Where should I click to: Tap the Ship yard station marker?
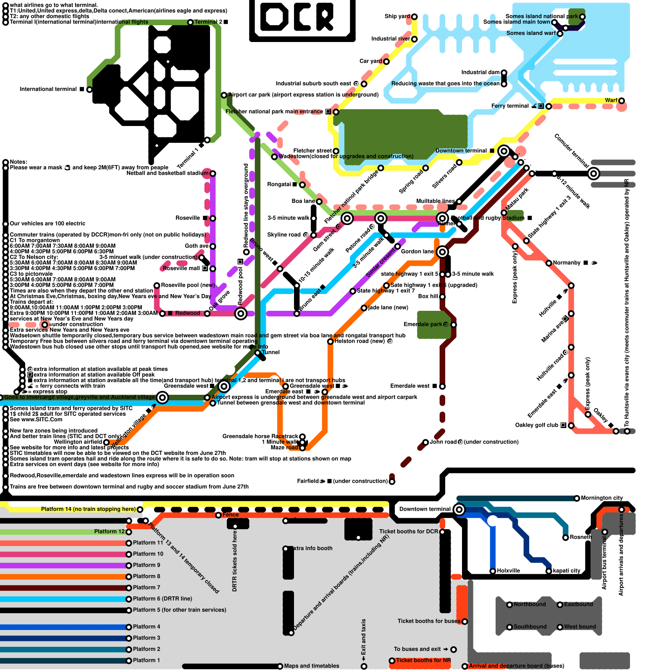pyautogui.click(x=415, y=17)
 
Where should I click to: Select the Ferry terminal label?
pyautogui.click(x=510, y=106)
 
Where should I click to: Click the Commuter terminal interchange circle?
pyautogui.click(x=593, y=173)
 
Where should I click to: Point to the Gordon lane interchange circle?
pyautogui.click(x=442, y=252)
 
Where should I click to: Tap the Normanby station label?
pyautogui.click(x=567, y=263)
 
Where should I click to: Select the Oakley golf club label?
pyautogui.click(x=536, y=425)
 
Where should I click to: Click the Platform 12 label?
pyautogui.click(x=109, y=532)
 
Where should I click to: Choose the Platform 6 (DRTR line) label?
pyautogui.click(x=163, y=599)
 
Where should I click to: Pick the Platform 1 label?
pyautogui.click(x=147, y=660)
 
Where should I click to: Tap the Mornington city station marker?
pyautogui.click(x=577, y=499)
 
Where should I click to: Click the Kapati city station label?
pyautogui.click(x=567, y=571)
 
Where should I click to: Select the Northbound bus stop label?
pyautogui.click(x=530, y=604)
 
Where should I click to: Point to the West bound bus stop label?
pyautogui.click(x=580, y=627)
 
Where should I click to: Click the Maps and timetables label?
pyautogui.click(x=312, y=666)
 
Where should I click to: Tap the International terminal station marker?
pyautogui.click(x=89, y=89)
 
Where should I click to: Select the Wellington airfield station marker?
pyautogui.click(x=106, y=442)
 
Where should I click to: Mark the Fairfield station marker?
pyautogui.click(x=392, y=482)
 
